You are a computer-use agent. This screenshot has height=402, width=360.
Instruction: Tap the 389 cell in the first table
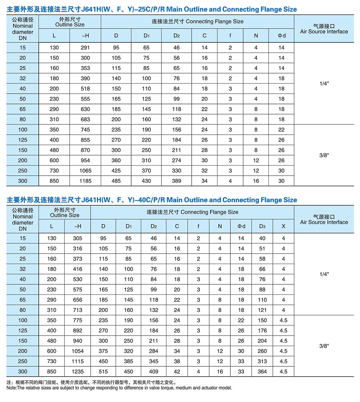pos(176,181)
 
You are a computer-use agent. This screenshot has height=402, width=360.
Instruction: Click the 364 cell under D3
pos(262,372)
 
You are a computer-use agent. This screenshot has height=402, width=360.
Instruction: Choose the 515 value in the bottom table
pos(103,372)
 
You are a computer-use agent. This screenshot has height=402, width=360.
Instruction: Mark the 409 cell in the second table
pos(154,372)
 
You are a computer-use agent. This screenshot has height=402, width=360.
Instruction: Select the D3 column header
pos(262,226)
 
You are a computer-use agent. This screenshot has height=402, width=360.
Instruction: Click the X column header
pos(284,226)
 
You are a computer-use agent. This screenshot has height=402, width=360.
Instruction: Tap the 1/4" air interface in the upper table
pos(324,84)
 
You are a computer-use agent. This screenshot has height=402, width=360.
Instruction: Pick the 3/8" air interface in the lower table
pos(324,346)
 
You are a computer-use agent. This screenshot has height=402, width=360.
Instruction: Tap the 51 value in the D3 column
pos(262,248)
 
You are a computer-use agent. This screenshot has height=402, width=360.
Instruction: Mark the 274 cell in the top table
pos(176,160)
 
